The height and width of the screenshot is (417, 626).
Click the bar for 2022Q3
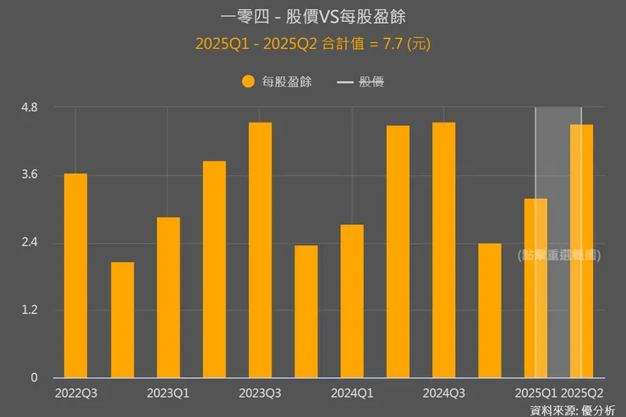(x=75, y=276)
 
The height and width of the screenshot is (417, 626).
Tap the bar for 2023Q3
(x=261, y=250)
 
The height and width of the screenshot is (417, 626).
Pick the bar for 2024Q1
(x=352, y=301)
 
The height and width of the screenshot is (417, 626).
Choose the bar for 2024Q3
(x=443, y=250)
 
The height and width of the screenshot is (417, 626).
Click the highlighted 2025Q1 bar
(x=535, y=288)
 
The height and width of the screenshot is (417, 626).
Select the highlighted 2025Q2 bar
(x=581, y=251)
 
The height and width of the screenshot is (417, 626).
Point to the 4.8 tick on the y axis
(x=30, y=108)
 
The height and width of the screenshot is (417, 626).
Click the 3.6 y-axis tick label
(x=30, y=175)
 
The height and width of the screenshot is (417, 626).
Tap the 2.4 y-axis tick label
(x=30, y=243)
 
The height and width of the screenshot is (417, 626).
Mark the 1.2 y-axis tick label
(x=30, y=310)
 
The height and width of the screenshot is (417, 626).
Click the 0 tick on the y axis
(x=35, y=378)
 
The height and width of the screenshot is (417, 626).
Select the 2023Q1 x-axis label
(x=168, y=393)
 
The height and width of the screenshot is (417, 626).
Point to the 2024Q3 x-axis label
(x=443, y=393)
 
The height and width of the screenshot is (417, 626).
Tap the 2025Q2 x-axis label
(x=582, y=393)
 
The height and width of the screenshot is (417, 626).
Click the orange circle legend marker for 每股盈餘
(x=248, y=82)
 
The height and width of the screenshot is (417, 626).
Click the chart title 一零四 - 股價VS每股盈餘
(x=312, y=17)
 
